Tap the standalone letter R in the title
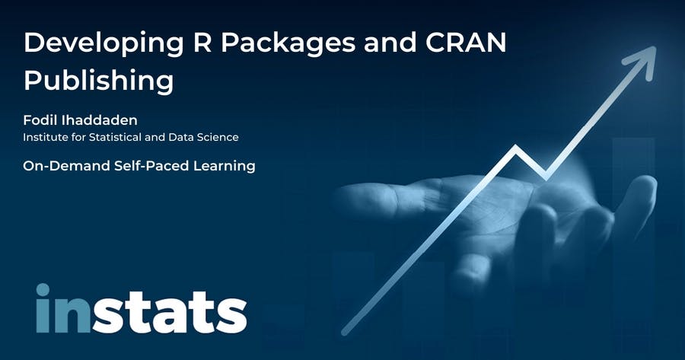click(x=202, y=42)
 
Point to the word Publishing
click(x=99, y=81)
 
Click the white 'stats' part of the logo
click(x=170, y=312)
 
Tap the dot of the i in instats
click(x=43, y=290)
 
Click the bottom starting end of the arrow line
click(x=345, y=332)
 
